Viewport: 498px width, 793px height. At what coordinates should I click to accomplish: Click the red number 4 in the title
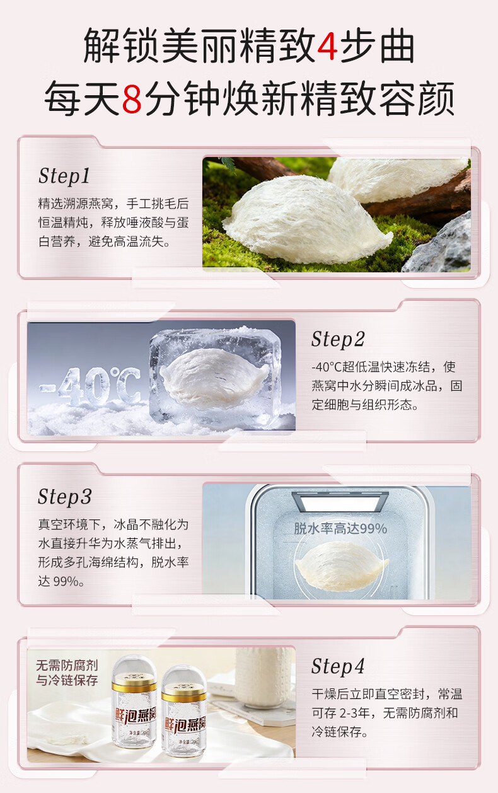[327, 45]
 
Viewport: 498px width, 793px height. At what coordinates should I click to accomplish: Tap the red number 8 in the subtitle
[132, 98]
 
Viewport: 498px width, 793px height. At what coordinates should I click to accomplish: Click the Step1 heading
[64, 176]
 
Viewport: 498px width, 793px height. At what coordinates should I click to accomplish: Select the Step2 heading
[338, 339]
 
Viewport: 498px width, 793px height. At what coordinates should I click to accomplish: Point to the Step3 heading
[65, 496]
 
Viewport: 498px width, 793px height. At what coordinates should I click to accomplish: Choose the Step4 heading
[338, 666]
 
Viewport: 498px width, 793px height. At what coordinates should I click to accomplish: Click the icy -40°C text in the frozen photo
[90, 386]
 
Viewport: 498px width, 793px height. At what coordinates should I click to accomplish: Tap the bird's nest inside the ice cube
[214, 377]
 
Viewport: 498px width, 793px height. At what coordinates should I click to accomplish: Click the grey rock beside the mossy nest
[439, 246]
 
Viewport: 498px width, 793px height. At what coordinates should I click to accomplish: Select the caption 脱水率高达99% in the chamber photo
[340, 528]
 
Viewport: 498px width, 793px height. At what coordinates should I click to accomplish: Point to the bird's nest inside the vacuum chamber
[342, 565]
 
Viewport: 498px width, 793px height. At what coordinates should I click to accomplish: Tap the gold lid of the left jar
[134, 686]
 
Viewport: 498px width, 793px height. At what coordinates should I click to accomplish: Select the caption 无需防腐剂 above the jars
[67, 665]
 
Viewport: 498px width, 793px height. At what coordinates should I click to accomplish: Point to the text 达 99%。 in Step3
[61, 581]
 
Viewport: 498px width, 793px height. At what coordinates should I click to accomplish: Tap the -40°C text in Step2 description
[327, 367]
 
